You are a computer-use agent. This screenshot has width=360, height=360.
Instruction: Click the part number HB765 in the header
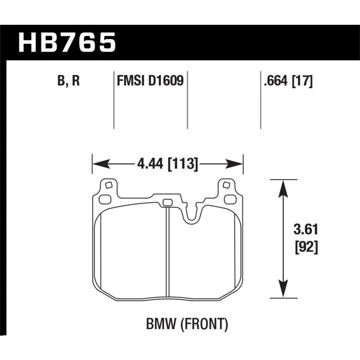click(67, 43)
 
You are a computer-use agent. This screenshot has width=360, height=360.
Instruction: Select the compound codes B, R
click(68, 81)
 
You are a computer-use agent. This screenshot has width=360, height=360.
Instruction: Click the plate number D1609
click(166, 81)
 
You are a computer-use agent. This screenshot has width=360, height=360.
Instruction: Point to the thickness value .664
click(276, 81)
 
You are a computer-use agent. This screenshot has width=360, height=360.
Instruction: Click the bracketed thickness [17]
click(302, 81)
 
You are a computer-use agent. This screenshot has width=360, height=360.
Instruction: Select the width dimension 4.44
click(150, 164)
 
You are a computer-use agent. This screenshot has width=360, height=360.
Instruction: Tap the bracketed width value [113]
click(183, 164)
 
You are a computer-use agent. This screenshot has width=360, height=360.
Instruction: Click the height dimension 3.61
click(306, 229)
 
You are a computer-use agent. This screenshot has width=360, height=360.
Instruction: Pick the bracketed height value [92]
click(306, 247)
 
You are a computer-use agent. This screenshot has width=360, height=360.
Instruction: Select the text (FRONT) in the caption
click(204, 324)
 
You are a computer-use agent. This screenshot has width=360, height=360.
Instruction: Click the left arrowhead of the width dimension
click(101, 164)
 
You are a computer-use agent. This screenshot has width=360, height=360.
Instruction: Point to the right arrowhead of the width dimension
click(234, 164)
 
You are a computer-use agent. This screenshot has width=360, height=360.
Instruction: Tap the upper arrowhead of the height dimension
click(283, 189)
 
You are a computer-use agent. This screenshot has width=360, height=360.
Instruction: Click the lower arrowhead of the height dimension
click(283, 289)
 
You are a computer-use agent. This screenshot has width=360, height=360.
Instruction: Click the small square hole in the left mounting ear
click(108, 185)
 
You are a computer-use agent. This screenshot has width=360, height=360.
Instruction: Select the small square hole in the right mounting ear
click(226, 185)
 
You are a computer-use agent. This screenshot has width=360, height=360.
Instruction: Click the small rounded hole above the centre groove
click(167, 202)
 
